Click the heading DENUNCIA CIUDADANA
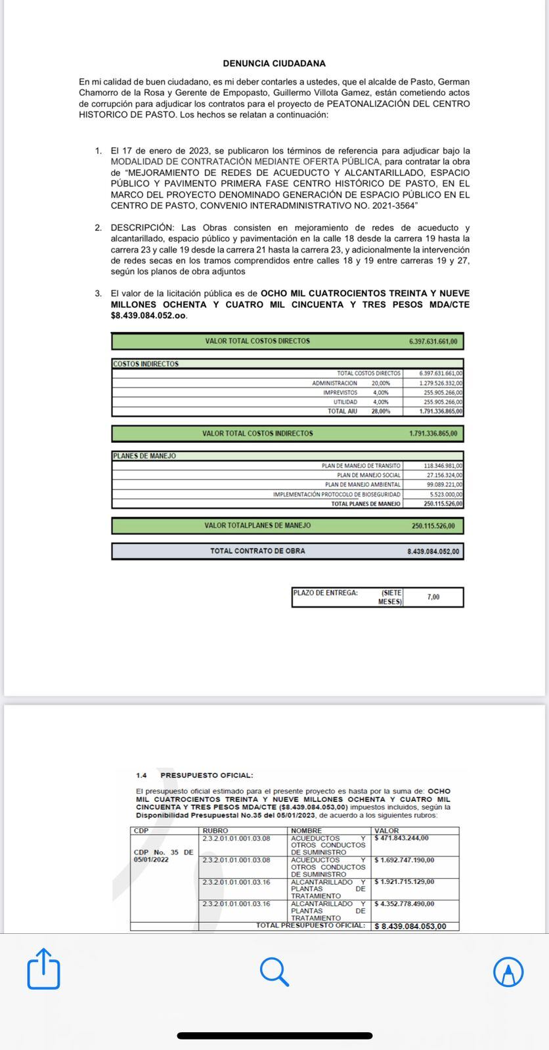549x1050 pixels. coord(274,64)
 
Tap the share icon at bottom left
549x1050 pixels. coord(43,969)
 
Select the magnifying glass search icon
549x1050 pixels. coord(274,971)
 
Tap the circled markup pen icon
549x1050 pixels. coord(508,971)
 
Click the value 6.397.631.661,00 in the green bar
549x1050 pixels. coord(433,341)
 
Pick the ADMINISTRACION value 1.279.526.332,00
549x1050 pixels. coord(441,383)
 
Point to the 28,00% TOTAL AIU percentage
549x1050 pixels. coord(381,411)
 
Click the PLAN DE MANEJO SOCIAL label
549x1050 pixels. coord(368,475)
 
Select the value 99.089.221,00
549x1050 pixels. coord(444,484)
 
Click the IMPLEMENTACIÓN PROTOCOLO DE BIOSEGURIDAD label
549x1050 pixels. coord(336,494)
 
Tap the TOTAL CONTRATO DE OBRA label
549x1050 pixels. coord(257,551)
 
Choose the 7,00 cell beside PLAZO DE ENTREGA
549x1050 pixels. coord(433,597)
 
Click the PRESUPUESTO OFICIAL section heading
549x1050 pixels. coord(206,775)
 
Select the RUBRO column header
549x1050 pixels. coord(215,831)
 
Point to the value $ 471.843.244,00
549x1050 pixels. coord(401,838)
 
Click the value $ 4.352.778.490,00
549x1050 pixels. coord(404,904)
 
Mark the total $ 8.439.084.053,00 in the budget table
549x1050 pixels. coord(410,926)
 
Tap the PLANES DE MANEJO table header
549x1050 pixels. coord(144,455)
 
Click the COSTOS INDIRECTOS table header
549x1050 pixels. coord(146,364)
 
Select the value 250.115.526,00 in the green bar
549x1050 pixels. coord(433,526)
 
